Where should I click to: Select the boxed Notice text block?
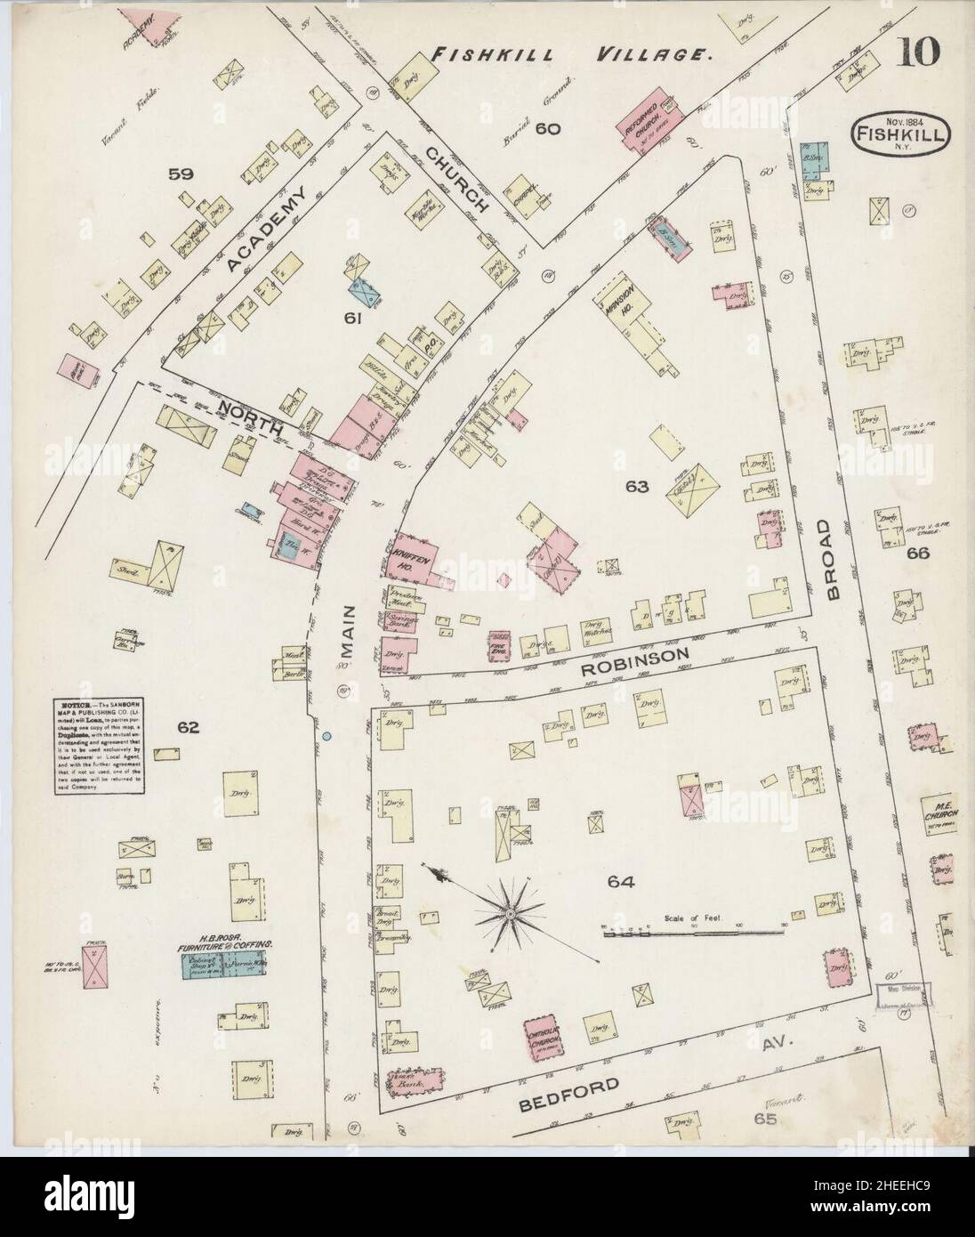[x=93, y=747]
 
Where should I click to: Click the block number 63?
[x=638, y=486]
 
